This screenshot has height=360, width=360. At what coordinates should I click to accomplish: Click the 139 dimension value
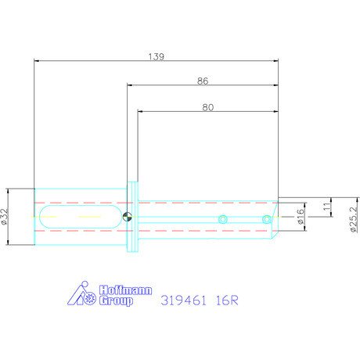tap(157, 56)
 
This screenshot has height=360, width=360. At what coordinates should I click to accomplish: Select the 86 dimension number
tap(202, 81)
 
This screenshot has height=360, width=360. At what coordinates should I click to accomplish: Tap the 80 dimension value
tap(207, 109)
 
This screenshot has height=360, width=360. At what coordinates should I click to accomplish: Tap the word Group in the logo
tap(115, 301)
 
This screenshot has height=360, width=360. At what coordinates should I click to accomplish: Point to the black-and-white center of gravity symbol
tap(128, 218)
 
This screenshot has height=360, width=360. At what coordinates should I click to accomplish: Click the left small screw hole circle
tap(223, 218)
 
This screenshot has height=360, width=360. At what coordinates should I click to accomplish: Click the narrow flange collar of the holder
tap(133, 218)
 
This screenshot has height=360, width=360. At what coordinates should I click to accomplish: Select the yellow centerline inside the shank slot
tap(78, 218)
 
